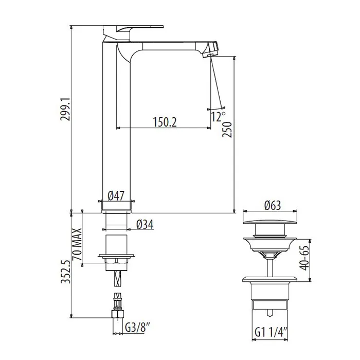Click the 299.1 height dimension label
click(65, 109)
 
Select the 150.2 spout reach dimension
click(165, 122)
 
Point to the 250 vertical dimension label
click(227, 130)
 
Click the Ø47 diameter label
click(116, 196)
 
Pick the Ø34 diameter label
click(145, 224)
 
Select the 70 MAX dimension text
click(77, 244)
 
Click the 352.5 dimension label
click(66, 272)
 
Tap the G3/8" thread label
click(137, 328)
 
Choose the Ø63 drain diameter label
click(273, 205)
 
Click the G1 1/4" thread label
click(271, 332)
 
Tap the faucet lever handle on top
click(133, 29)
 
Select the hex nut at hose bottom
click(118, 314)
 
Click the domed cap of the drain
click(270, 222)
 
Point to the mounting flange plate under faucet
click(116, 256)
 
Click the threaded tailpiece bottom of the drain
click(270, 304)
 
